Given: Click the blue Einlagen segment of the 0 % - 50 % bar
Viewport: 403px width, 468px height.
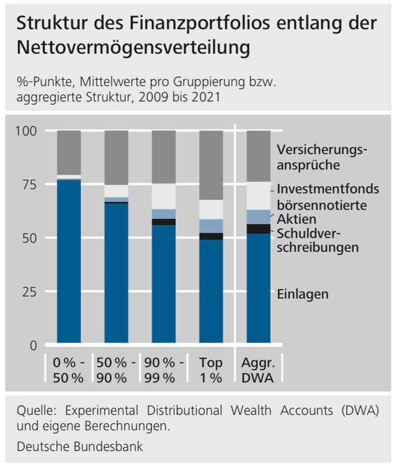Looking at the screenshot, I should (69, 262).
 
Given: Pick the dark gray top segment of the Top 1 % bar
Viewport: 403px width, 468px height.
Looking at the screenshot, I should (211, 165).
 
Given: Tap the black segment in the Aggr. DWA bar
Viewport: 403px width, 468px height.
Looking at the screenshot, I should (258, 229).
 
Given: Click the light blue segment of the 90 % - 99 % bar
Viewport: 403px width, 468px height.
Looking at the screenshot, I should (164, 214).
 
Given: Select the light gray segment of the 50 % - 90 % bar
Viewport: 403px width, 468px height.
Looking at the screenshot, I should (116, 191).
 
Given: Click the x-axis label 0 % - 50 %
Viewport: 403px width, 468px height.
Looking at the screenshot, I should (69, 369).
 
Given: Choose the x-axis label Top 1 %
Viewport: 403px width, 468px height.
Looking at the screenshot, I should (211, 369).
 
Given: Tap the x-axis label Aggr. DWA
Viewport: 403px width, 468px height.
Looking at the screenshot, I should (258, 369).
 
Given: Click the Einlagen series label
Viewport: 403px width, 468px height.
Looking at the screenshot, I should (302, 294).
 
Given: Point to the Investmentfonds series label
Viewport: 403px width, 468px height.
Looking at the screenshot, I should (328, 189).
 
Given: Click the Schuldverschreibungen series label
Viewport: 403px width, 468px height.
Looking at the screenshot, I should (318, 240).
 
